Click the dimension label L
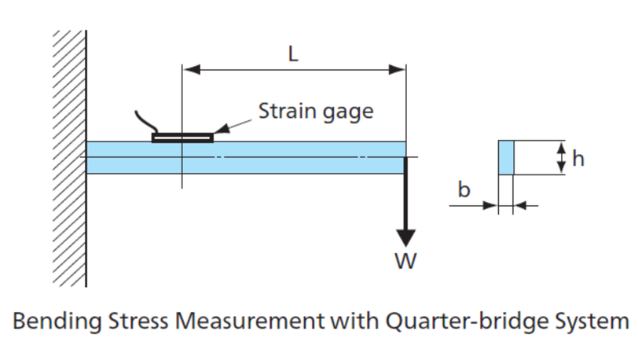[293, 53]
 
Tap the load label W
[405, 261]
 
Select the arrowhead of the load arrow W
[405, 238]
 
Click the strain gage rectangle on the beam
[183, 138]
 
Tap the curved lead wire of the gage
[145, 122]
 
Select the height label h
[578, 158]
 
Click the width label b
[464, 189]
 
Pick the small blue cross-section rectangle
[506, 158]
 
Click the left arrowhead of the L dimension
[191, 70]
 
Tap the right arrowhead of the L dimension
[397, 70]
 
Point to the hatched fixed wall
[69, 159]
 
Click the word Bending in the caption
[57, 321]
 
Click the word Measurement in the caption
[250, 321]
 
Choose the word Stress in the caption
[138, 321]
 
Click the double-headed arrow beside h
[561, 158]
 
